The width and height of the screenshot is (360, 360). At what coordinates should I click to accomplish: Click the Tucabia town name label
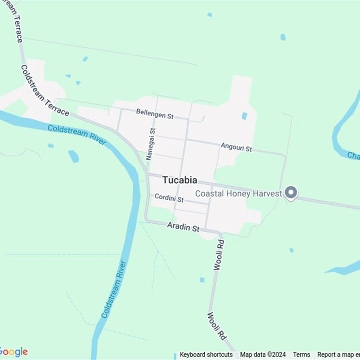(x=180, y=180)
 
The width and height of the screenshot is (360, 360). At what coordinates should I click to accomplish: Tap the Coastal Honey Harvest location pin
(x=291, y=193)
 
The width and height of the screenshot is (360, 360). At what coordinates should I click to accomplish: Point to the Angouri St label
(x=236, y=147)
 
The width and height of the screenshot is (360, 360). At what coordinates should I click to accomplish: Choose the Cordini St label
(x=169, y=198)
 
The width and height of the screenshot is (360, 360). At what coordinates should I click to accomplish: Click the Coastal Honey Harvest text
(x=238, y=193)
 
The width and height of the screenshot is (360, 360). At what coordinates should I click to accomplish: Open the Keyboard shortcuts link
(x=206, y=355)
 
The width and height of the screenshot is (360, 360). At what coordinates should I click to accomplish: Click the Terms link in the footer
(x=301, y=355)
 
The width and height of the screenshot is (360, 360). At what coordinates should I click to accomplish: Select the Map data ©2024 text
(x=263, y=355)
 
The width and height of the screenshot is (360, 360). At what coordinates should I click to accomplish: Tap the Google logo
(x=13, y=352)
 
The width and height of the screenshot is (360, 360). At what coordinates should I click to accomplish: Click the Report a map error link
(x=338, y=355)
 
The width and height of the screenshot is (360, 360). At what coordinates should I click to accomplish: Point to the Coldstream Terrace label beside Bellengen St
(x=45, y=90)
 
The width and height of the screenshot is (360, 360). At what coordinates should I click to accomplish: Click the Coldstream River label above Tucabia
(x=77, y=135)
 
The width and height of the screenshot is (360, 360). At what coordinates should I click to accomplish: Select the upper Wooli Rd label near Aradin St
(x=219, y=254)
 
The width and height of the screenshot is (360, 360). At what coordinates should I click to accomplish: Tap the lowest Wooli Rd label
(x=216, y=326)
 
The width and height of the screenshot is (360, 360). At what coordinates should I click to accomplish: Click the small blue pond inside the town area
(x=244, y=116)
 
